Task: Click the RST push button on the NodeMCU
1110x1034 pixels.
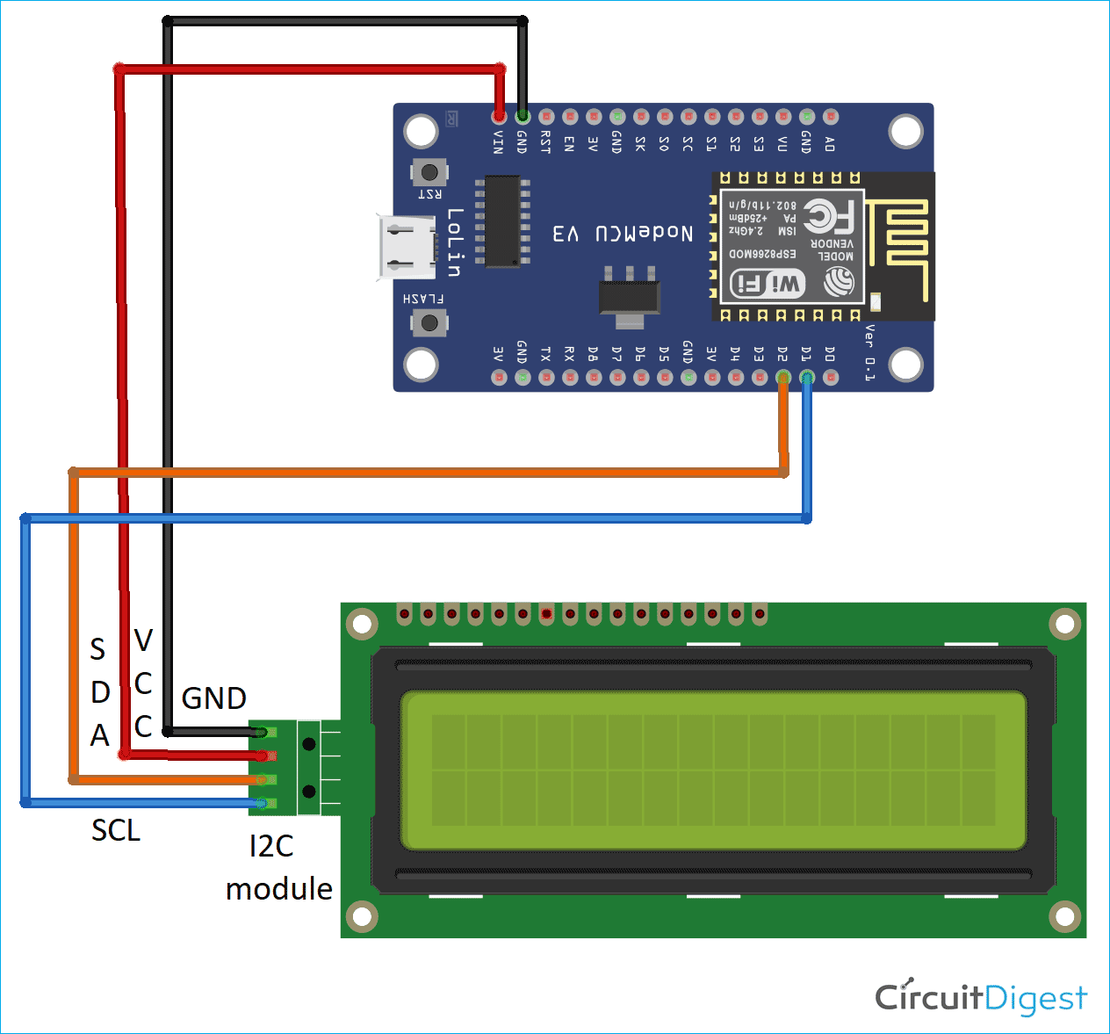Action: pyautogui.click(x=429, y=172)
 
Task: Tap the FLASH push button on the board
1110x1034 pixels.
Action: pyautogui.click(x=429, y=323)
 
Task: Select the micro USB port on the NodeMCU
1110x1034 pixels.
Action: pyautogui.click(x=406, y=247)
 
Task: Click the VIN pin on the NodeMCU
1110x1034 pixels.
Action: pyautogui.click(x=499, y=116)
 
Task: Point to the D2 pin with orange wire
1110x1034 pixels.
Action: pyautogui.click(x=783, y=378)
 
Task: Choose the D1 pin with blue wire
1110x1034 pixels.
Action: pyautogui.click(x=807, y=378)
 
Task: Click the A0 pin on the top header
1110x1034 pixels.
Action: pyautogui.click(x=831, y=116)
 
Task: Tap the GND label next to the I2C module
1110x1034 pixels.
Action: pyautogui.click(x=213, y=698)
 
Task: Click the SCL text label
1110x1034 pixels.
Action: pyautogui.click(x=116, y=830)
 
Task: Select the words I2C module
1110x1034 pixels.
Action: pyautogui.click(x=278, y=868)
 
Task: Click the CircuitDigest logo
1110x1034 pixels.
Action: pyautogui.click(x=981, y=997)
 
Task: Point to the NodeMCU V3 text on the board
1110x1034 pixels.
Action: pyautogui.click(x=623, y=233)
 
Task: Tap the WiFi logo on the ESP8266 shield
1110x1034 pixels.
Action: pyautogui.click(x=768, y=283)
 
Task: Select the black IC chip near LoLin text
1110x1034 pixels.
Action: pyautogui.click(x=502, y=221)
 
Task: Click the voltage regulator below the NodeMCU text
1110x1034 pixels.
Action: pyautogui.click(x=629, y=296)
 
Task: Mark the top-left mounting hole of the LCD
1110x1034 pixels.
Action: pyautogui.click(x=362, y=625)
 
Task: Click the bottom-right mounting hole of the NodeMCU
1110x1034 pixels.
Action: pyautogui.click(x=905, y=365)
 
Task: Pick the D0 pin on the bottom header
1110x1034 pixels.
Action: pyautogui.click(x=831, y=378)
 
